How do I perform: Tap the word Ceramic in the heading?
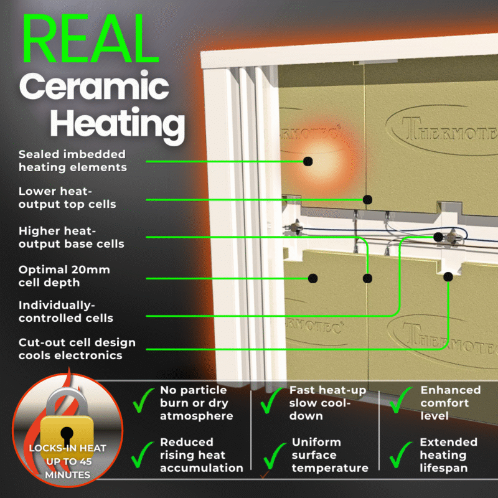[x=94, y=88]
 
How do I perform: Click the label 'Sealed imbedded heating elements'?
[x=72, y=161]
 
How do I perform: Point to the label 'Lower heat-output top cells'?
[x=67, y=197]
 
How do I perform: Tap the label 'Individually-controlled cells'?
[x=66, y=311]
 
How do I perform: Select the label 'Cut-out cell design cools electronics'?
[x=77, y=349]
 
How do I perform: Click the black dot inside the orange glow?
[x=308, y=161]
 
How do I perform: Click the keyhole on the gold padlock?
[x=66, y=432]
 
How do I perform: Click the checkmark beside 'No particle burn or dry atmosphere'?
[x=142, y=403]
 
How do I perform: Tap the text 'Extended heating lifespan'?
[x=448, y=454]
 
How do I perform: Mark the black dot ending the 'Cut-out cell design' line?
[x=448, y=276]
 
